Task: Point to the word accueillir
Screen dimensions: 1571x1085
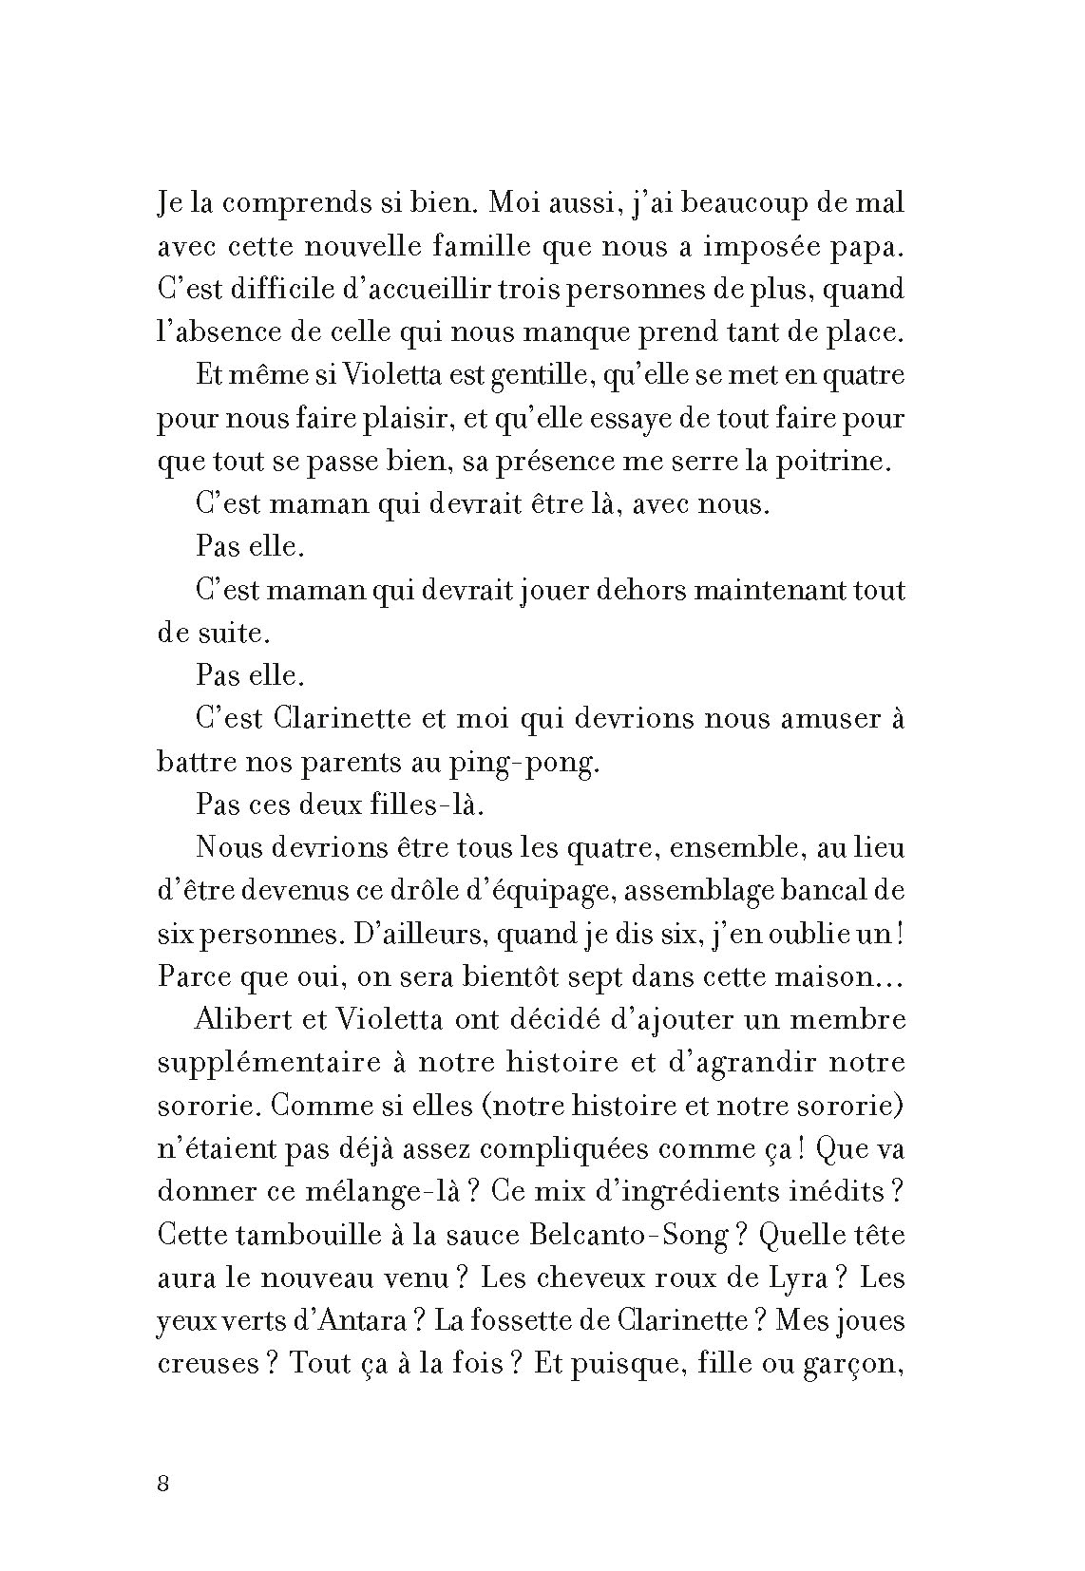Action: (419, 290)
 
